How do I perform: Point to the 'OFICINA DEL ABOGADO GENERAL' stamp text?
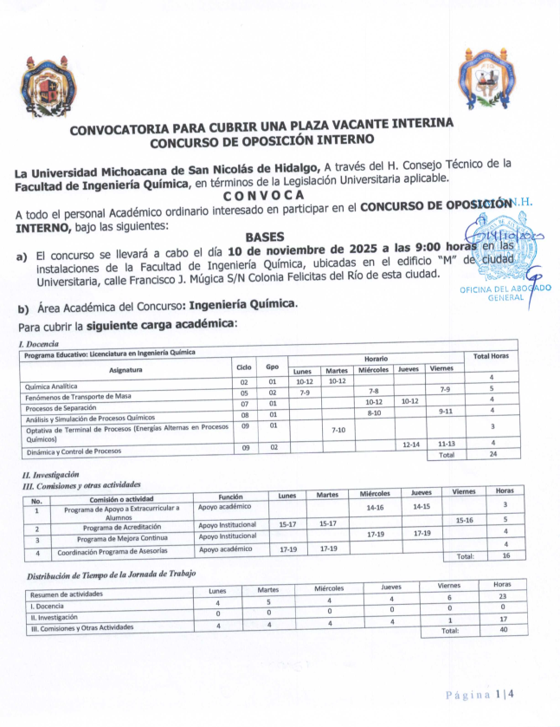click(505, 294)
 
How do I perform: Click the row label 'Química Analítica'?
click(53, 386)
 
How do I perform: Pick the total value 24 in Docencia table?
click(491, 455)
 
